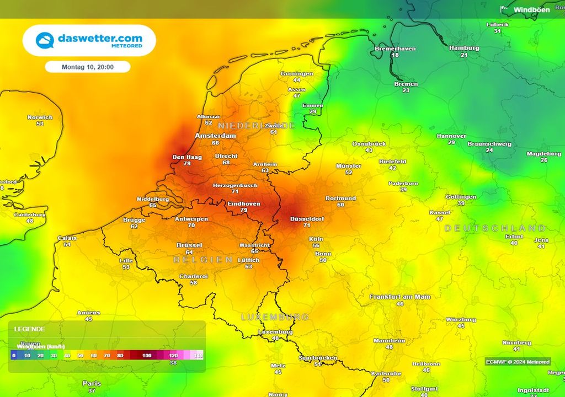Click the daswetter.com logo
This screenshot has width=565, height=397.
tap(89, 40)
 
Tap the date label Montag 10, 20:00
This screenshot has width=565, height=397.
tap(88, 67)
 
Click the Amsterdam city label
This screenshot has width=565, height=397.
tap(215, 136)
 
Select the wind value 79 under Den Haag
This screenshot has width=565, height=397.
tap(186, 164)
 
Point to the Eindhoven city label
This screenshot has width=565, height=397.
tap(244, 203)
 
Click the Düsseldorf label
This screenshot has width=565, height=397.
tap(307, 219)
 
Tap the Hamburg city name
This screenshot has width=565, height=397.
tap(464, 48)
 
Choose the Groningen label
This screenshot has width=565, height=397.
tap(297, 74)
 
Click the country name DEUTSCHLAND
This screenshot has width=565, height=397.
tap(495, 228)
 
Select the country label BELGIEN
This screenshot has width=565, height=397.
tap(203, 259)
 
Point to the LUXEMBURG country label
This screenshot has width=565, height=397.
tap(275, 317)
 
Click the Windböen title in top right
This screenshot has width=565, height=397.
tap(531, 10)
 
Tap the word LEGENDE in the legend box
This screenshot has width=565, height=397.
tap(29, 329)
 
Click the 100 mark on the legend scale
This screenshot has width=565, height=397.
tap(147, 356)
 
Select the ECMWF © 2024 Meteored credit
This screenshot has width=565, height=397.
tap(518, 362)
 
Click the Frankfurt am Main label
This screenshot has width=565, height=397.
tap(400, 297)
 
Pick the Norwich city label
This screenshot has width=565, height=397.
tap(40, 117)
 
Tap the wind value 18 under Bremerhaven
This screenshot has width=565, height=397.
tap(395, 55)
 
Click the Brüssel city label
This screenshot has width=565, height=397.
tap(189, 245)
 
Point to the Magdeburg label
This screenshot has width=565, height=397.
tap(543, 154)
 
